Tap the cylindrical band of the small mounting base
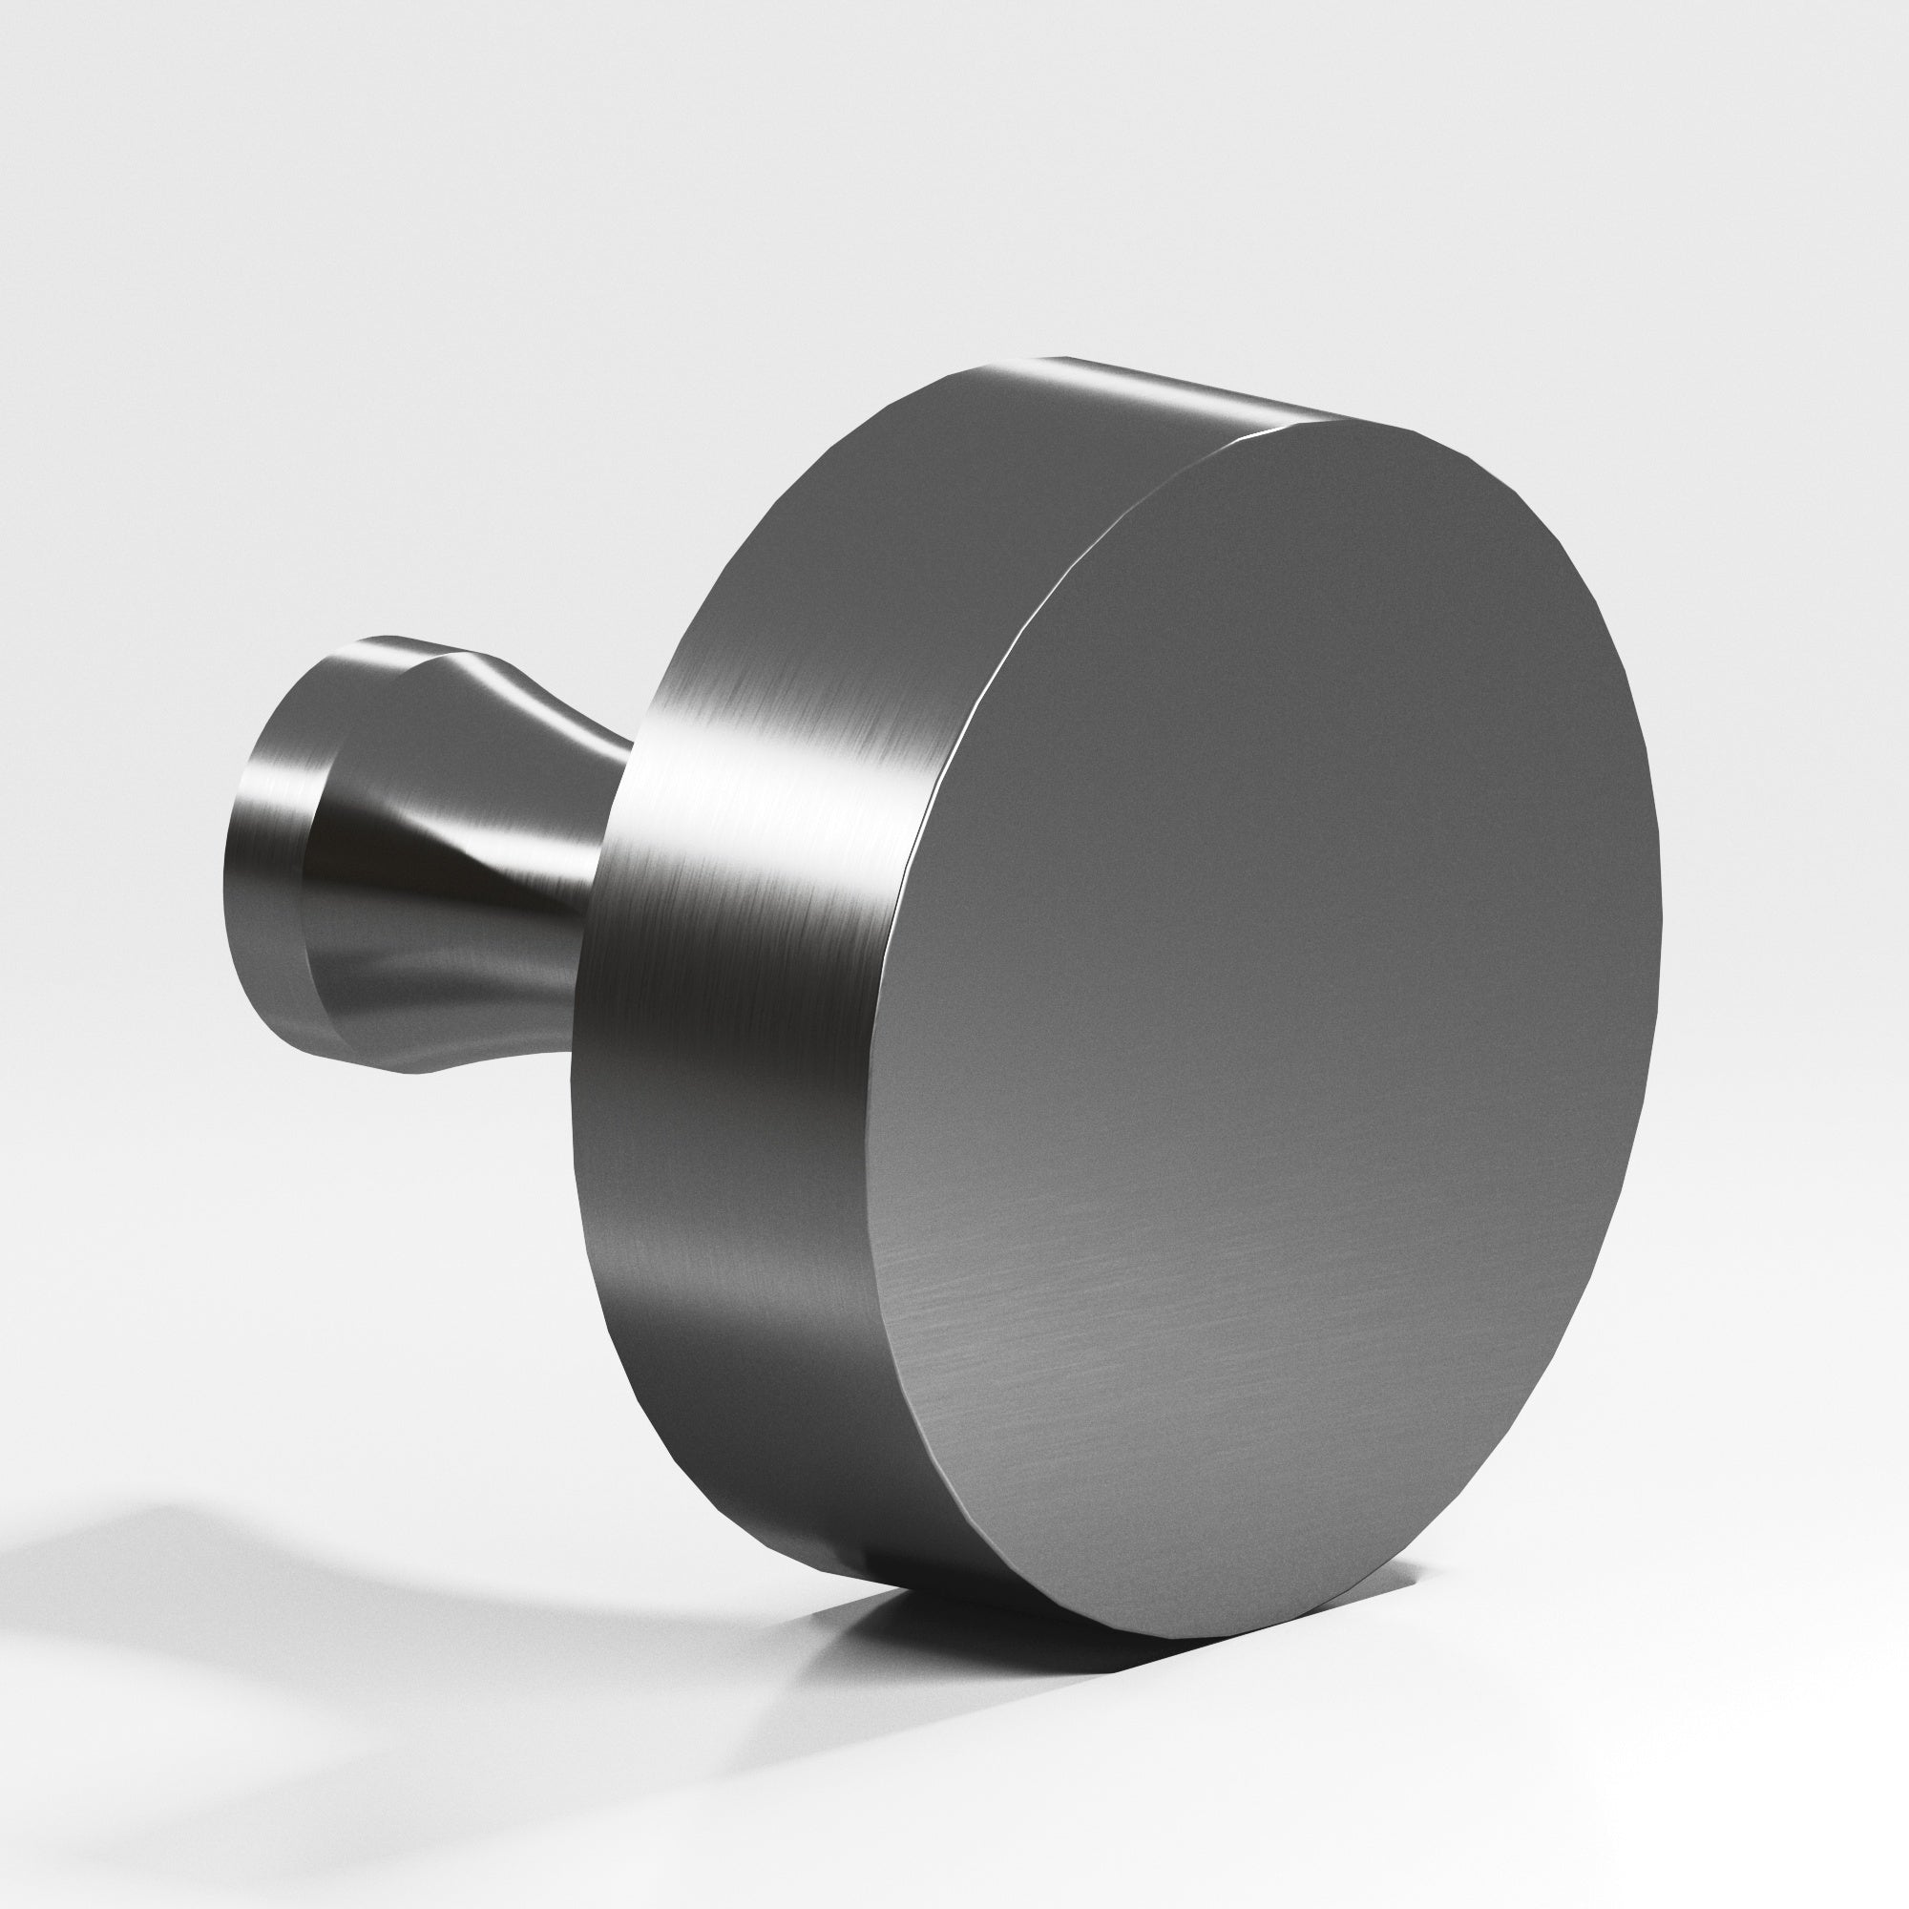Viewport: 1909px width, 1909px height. tap(267, 850)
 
